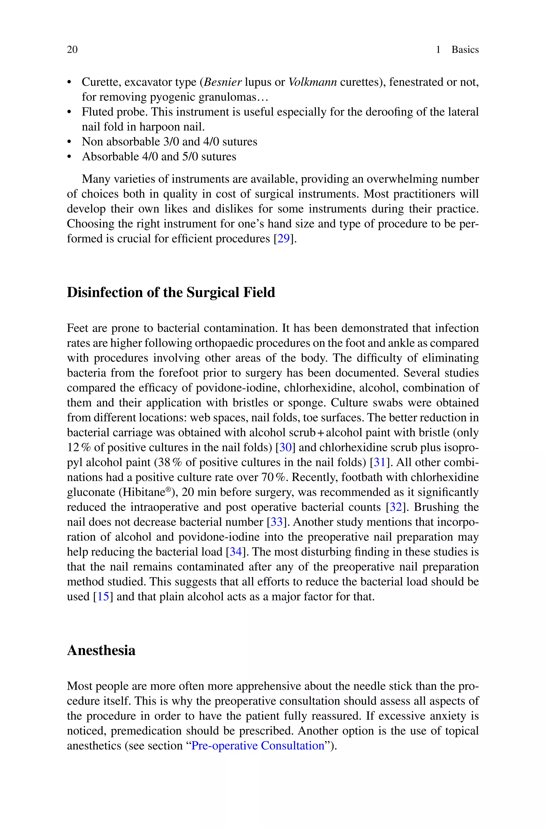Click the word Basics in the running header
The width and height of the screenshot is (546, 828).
465,50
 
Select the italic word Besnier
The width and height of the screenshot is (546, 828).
223,82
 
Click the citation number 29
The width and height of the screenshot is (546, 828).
283,239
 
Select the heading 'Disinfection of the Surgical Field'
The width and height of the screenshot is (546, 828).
171,293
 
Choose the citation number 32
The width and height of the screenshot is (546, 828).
396,507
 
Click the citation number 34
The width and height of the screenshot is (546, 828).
235,552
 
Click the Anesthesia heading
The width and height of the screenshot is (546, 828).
101,650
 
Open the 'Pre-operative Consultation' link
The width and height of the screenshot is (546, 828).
258,746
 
